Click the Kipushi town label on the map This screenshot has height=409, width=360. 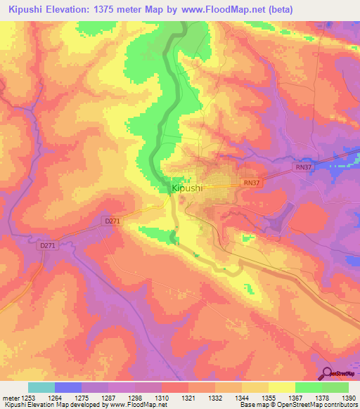click(187, 189)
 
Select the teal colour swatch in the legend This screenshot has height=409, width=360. click(41, 387)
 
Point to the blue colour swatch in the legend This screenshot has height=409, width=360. click(67, 387)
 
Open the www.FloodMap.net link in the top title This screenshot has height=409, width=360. click(231, 9)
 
